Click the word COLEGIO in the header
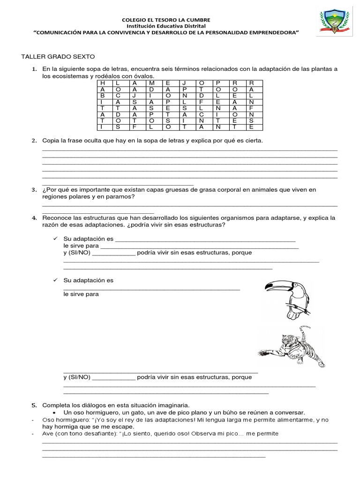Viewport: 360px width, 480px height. pos(134,20)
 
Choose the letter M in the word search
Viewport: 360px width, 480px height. pos(151,83)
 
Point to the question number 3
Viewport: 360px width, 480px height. pos(34,190)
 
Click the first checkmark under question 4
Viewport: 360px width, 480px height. pos(55,239)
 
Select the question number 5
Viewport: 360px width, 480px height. pos(34,405)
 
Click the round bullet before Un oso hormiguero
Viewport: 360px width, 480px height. pos(55,412)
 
